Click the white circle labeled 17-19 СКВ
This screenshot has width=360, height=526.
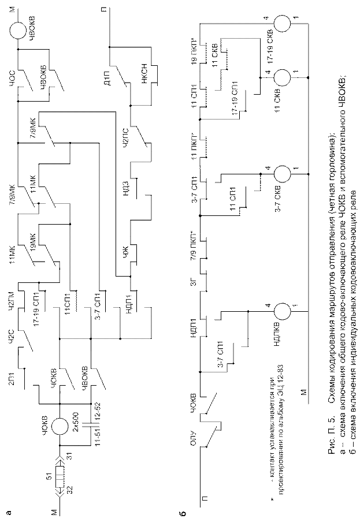pyautogui.click(x=283, y=24)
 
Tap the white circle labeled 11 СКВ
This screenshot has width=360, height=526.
pyautogui.click(x=283, y=77)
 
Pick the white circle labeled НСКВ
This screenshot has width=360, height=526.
pyautogui.click(x=283, y=311)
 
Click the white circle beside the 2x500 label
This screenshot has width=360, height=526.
pyautogui.click(x=60, y=426)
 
